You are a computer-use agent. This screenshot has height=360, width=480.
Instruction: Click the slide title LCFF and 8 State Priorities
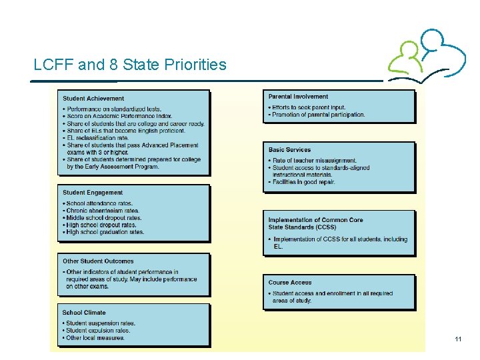click(x=130, y=65)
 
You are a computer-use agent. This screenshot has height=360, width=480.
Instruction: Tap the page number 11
click(x=458, y=340)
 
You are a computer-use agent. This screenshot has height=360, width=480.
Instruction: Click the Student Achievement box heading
click(x=93, y=99)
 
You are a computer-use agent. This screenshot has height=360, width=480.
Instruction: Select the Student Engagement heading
click(x=93, y=193)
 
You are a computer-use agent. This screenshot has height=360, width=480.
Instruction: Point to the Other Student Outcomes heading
click(x=98, y=261)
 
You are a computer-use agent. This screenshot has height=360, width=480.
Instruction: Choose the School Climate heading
click(x=84, y=312)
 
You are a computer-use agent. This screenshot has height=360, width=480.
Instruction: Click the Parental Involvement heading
click(x=298, y=97)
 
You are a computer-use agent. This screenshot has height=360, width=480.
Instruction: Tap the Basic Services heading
click(x=289, y=150)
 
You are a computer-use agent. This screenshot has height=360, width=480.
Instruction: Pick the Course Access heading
click(x=290, y=283)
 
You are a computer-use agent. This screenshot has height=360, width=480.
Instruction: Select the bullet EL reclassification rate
click(x=97, y=138)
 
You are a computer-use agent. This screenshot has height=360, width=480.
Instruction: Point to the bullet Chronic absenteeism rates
click(x=103, y=211)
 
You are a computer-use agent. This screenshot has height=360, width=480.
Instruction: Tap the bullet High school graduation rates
click(x=105, y=232)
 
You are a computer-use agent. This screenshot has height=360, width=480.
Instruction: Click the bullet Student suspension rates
click(x=101, y=323)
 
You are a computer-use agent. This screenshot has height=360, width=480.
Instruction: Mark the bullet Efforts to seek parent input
click(x=308, y=107)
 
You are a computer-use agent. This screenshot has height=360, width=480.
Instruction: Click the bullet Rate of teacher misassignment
click(x=315, y=161)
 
